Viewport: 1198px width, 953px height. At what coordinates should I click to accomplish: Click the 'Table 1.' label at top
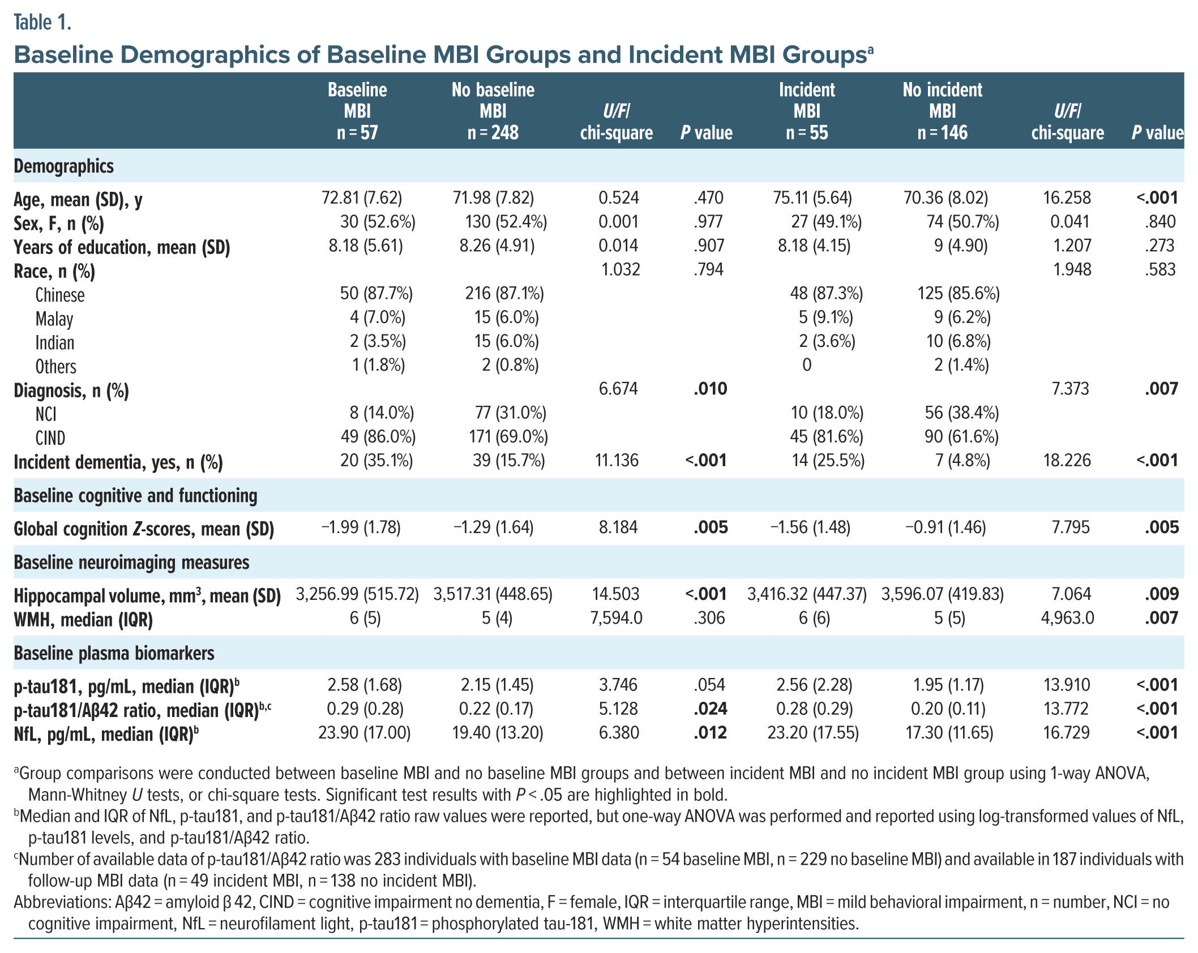42,23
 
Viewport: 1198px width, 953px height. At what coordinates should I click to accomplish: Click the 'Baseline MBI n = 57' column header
357,111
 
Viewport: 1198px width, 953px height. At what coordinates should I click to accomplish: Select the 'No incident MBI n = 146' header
942,111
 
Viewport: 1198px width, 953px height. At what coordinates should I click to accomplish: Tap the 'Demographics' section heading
63,166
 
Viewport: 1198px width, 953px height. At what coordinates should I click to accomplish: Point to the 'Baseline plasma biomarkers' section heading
114,653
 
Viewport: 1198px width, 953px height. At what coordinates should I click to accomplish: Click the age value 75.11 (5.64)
812,198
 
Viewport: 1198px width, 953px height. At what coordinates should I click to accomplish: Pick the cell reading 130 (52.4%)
506,222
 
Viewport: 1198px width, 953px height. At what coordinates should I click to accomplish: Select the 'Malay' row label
54,319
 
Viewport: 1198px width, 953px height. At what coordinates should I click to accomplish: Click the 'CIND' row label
50,438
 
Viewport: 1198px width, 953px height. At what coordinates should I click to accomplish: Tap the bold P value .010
710,389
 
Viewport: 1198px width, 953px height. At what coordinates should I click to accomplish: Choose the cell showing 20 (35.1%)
376,461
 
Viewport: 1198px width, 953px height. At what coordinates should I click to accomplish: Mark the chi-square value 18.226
1067,461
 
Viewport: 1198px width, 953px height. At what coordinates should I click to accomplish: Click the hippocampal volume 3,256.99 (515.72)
357,594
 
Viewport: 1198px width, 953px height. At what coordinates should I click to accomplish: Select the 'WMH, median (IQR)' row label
83,620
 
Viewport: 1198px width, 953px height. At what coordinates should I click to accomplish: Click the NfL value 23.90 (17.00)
364,733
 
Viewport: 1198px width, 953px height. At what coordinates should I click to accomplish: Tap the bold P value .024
710,709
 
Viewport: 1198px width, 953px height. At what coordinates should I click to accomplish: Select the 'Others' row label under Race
55,367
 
